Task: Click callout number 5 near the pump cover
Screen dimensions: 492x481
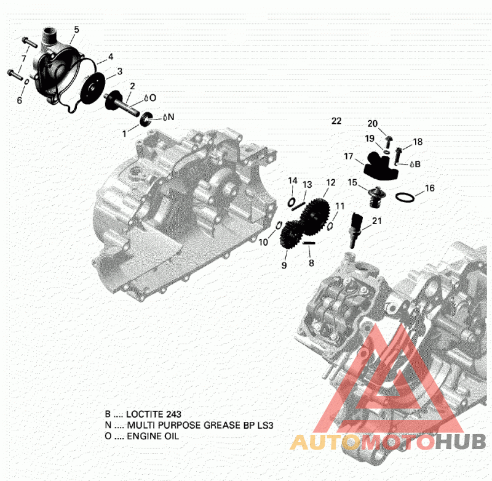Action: [x=76, y=30]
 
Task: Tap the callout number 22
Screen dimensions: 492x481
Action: [x=336, y=121]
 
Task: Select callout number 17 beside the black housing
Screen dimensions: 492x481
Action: [x=349, y=156]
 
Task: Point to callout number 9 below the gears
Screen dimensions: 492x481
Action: [x=284, y=265]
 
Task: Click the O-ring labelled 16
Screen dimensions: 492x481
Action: [x=405, y=197]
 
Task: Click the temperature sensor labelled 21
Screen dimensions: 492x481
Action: [x=355, y=230]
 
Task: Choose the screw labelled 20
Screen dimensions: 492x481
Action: [x=388, y=142]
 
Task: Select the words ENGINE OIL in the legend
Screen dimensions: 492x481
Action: [x=153, y=436]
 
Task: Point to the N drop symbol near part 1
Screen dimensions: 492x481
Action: [x=168, y=117]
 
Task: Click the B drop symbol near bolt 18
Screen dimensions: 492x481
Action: [x=415, y=164]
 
